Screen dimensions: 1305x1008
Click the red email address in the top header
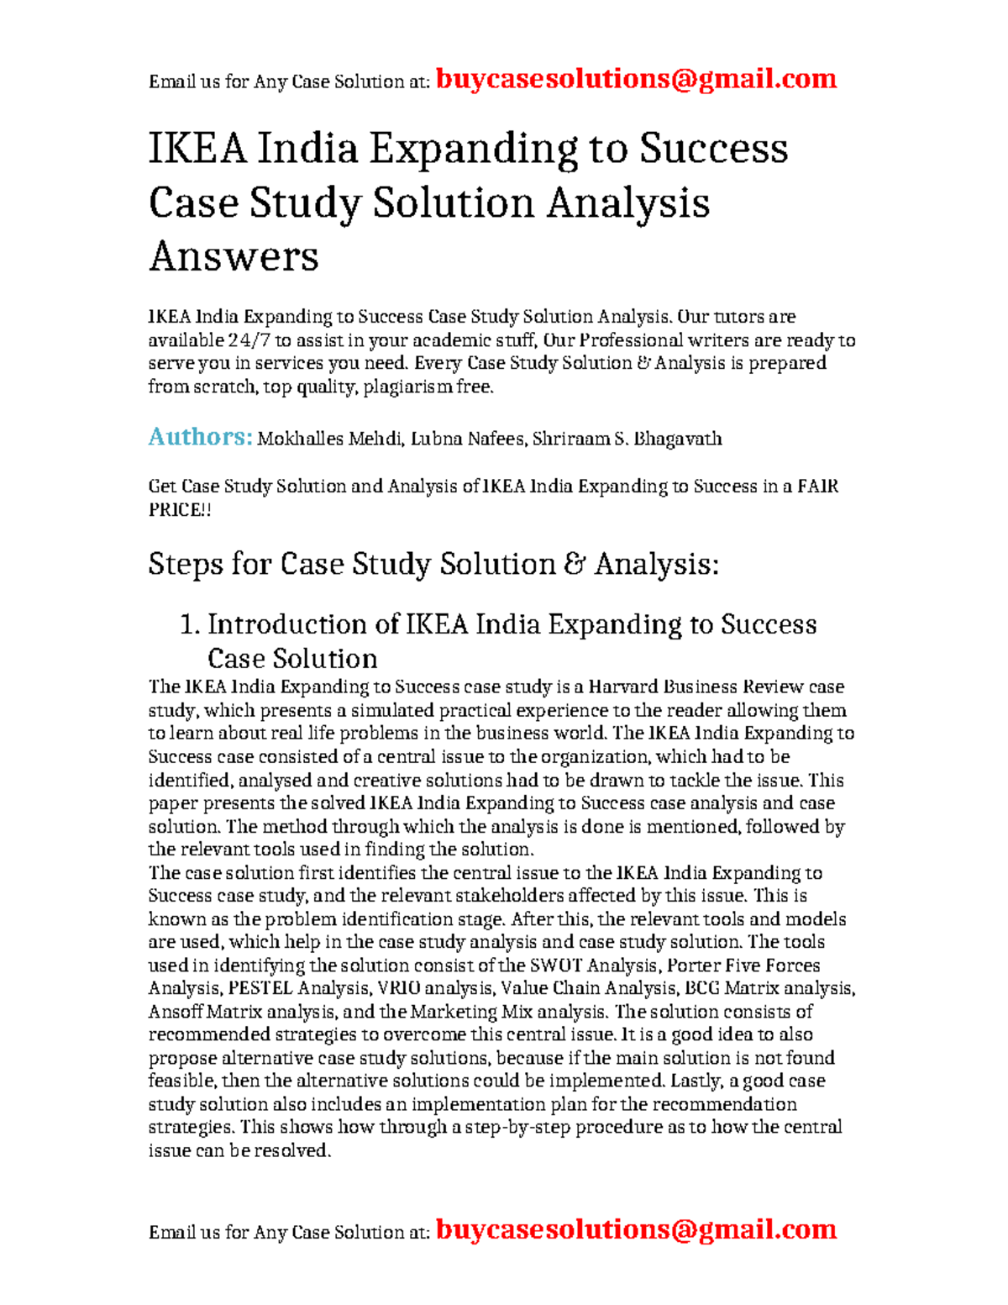(636, 79)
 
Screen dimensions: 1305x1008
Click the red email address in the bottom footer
(636, 1229)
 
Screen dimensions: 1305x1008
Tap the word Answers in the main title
(234, 256)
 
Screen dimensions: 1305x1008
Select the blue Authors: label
(200, 437)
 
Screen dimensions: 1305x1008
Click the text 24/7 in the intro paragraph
(249, 340)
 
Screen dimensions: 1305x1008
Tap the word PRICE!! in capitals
(180, 510)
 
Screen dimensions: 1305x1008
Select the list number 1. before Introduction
(191, 624)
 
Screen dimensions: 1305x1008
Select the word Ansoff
(175, 1012)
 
